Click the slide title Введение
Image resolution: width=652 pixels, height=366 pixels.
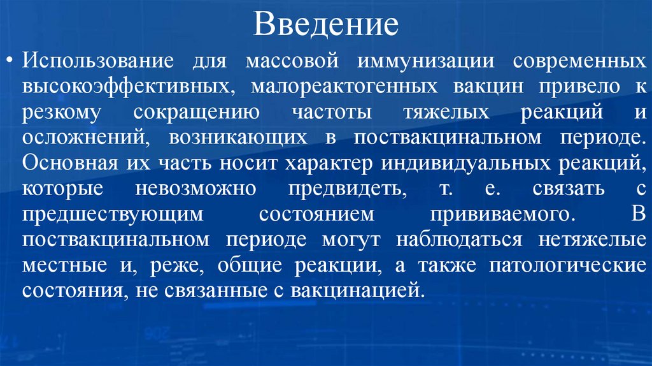(x=326, y=26)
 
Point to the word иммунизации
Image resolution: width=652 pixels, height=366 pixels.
(x=426, y=62)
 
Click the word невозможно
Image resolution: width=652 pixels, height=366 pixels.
(x=195, y=189)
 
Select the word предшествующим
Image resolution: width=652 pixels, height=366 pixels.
(x=114, y=214)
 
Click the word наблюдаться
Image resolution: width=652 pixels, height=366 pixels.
(x=459, y=240)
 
